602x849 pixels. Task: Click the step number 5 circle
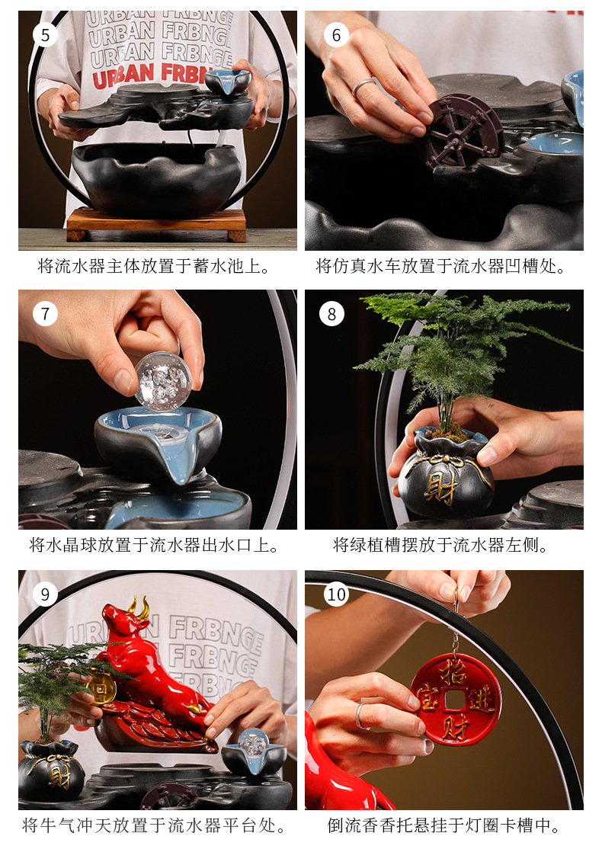[x=46, y=35]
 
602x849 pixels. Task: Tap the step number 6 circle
[x=336, y=35]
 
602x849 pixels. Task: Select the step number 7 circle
[x=46, y=313]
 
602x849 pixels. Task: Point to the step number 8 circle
[x=331, y=313]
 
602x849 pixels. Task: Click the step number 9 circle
[x=46, y=594]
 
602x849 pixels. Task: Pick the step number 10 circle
[x=336, y=594]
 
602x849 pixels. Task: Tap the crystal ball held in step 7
[x=164, y=381]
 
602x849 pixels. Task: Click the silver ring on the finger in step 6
[x=363, y=87]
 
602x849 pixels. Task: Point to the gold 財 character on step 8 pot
[x=440, y=489]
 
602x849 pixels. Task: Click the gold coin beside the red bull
[x=102, y=687]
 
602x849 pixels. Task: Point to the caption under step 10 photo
[x=444, y=825]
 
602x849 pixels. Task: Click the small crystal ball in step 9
[x=252, y=742]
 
